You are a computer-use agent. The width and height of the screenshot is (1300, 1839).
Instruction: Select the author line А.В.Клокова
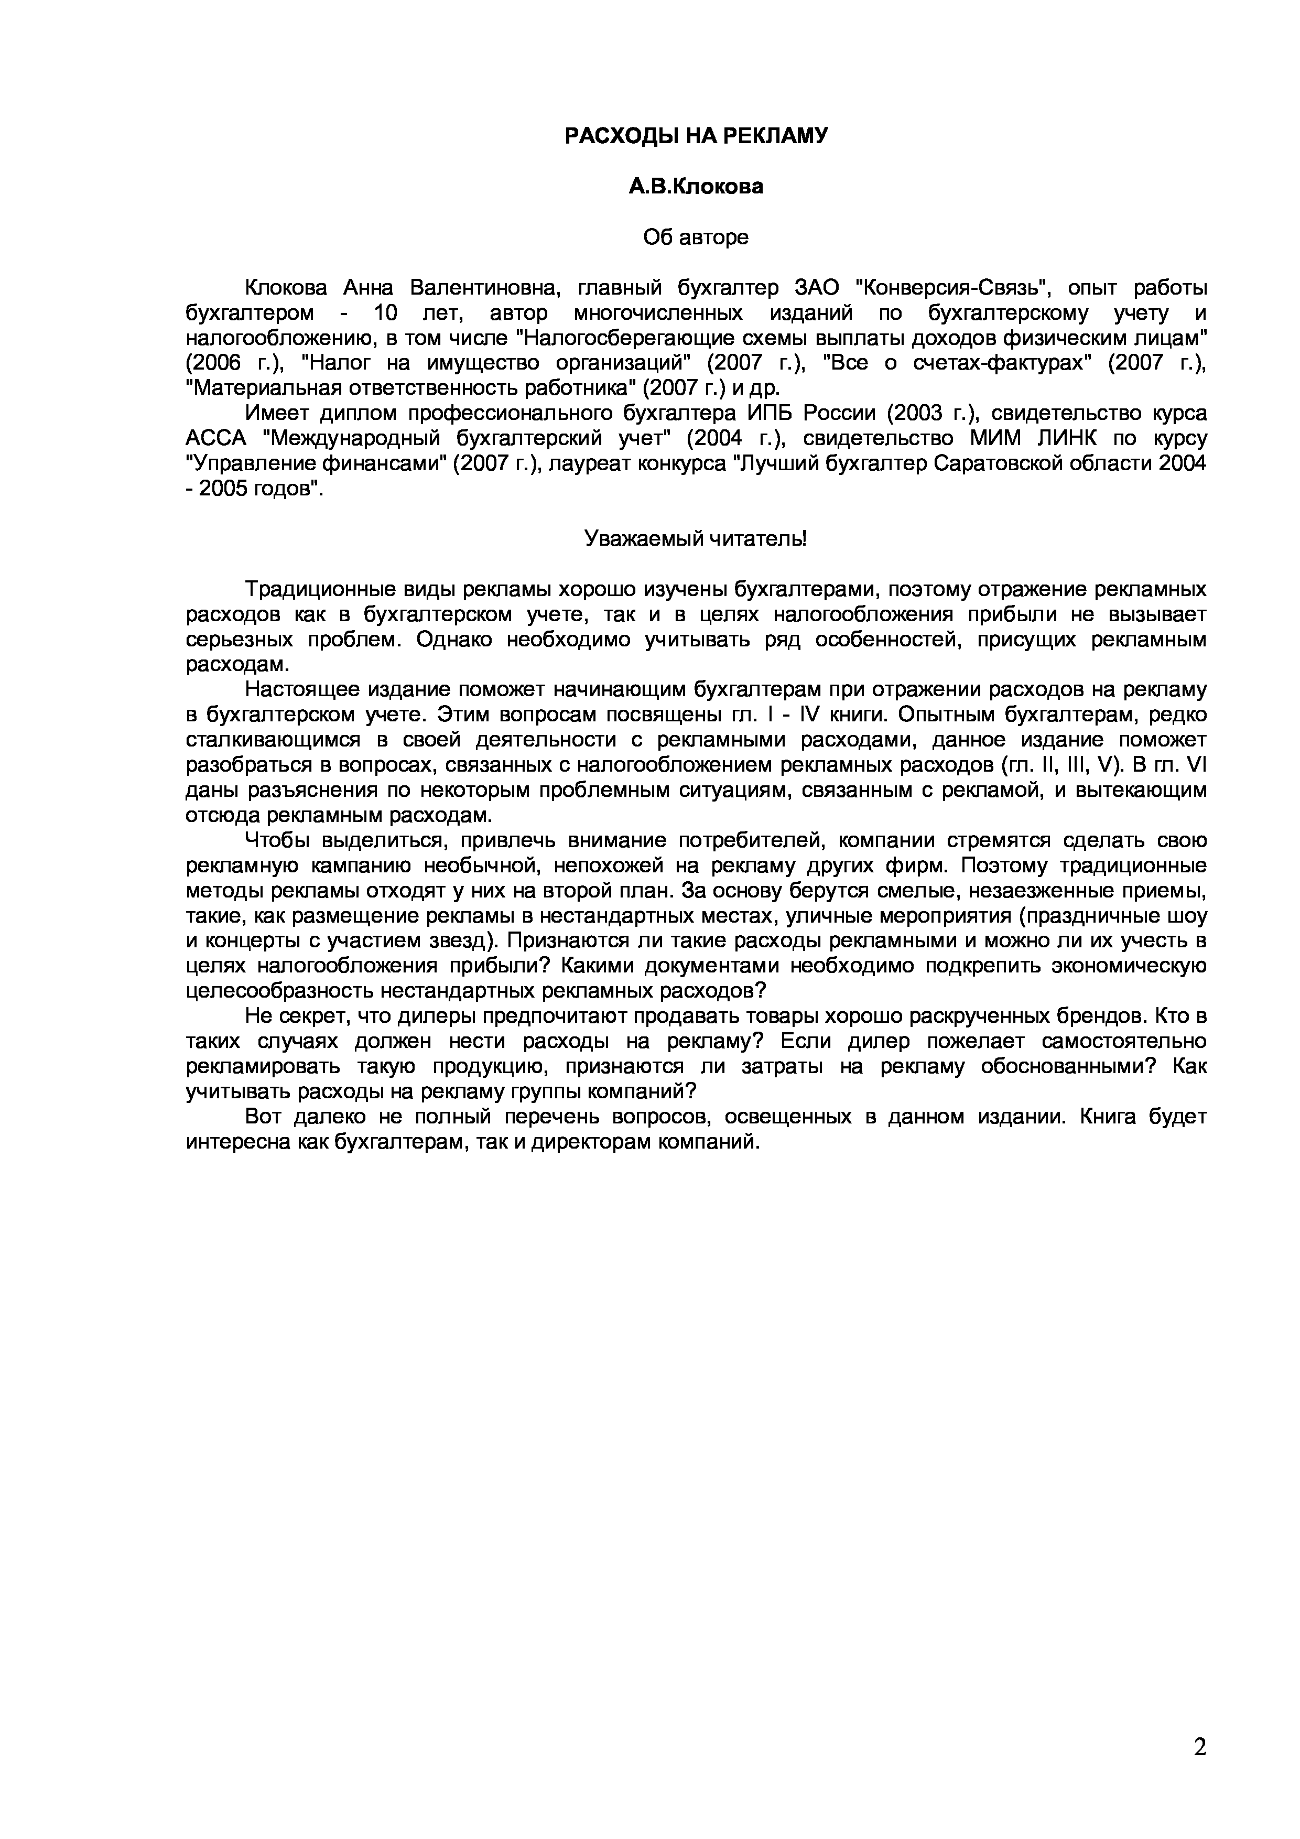[695, 187]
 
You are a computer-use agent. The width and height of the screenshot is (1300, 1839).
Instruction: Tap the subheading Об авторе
[695, 237]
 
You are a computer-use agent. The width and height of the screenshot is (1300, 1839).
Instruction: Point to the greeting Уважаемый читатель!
[695, 538]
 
